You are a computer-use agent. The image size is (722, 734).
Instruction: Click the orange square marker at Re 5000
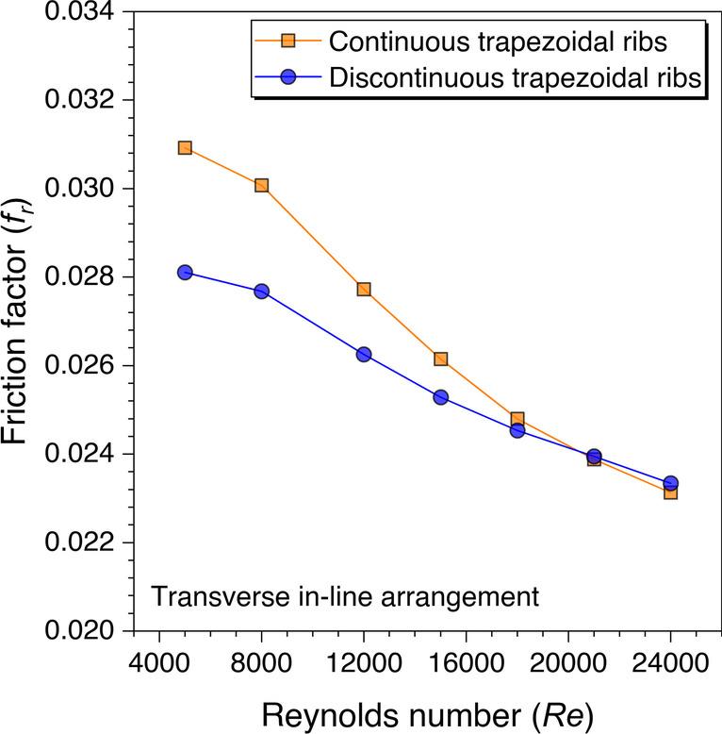point(185,148)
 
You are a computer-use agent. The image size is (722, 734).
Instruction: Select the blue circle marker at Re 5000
point(185,273)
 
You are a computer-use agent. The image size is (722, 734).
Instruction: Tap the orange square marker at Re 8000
point(262,186)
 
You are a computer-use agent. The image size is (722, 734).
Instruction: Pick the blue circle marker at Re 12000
point(364,354)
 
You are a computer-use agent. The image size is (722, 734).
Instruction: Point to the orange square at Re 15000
point(440,359)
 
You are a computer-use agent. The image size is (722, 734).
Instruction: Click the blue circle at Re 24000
point(670,483)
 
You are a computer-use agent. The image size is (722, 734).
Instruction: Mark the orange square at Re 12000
point(364,290)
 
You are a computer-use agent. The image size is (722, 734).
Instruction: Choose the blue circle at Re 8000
point(262,292)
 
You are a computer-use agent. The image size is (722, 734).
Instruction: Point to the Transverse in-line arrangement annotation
point(345,596)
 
